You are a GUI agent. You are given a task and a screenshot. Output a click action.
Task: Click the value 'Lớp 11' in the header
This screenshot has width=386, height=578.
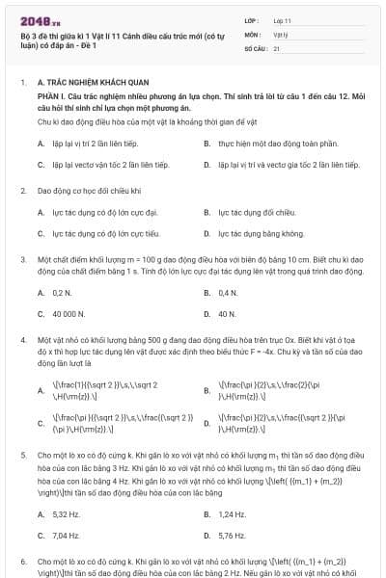[283, 19]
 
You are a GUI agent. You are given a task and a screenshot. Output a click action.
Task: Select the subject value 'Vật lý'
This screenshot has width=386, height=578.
[280, 33]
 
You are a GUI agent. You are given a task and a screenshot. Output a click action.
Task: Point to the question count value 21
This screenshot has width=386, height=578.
[276, 46]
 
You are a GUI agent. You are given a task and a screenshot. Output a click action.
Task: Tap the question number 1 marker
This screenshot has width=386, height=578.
[22, 84]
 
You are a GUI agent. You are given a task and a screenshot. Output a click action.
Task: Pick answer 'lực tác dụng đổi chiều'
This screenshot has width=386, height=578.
[249, 212]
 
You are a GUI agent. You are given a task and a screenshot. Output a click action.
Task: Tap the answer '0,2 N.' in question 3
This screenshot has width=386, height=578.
[62, 292]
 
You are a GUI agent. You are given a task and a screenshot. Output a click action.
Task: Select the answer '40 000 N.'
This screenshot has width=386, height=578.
[68, 314]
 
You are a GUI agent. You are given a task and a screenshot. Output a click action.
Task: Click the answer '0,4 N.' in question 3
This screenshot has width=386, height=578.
[228, 292]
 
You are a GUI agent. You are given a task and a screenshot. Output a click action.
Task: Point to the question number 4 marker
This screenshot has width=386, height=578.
[22, 341]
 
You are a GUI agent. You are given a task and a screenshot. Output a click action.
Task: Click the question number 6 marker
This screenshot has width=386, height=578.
[22, 560]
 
